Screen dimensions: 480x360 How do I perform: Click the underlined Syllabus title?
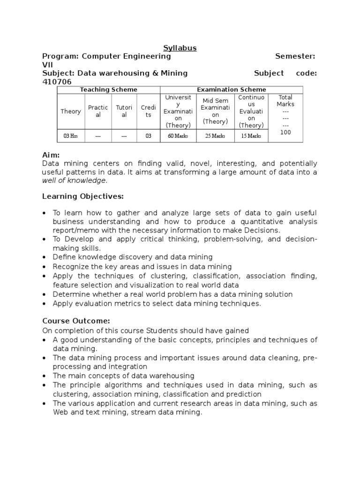click(180, 48)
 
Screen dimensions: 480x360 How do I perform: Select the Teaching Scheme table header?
click(108, 90)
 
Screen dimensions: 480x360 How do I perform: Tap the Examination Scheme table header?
click(231, 90)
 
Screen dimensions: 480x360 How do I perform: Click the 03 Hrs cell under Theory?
click(71, 136)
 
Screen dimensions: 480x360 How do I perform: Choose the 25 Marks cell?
click(215, 136)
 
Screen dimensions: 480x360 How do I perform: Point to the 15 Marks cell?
click(251, 136)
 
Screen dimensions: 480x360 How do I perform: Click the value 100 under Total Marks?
click(285, 133)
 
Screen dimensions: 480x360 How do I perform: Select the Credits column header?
click(148, 111)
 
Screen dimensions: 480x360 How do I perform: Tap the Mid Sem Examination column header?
click(215, 111)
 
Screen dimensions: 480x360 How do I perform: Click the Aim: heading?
click(51, 155)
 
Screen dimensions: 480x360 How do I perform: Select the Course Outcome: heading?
click(76, 321)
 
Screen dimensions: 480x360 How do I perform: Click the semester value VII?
click(48, 65)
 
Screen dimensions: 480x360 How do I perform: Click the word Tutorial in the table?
click(124, 111)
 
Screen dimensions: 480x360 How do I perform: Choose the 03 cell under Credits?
click(148, 136)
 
